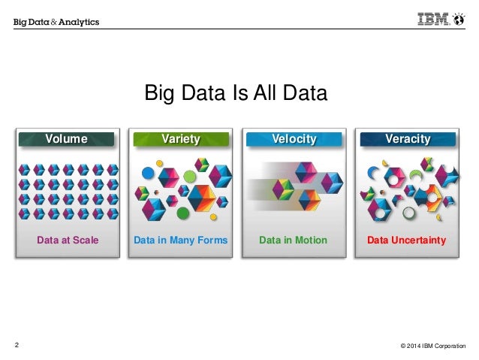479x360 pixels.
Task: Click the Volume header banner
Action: [67, 139]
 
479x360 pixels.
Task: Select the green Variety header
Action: [181, 139]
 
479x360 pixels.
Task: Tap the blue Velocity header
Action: [294, 139]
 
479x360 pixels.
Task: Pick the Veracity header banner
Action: [408, 139]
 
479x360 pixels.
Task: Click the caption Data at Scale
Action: [68, 241]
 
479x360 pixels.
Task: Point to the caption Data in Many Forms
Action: [180, 241]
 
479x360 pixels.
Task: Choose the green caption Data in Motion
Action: [293, 241]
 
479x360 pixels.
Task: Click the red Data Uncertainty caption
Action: [407, 241]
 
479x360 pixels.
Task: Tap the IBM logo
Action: [435, 20]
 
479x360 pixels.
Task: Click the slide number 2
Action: [17, 345]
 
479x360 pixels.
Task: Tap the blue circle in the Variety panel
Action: [148, 174]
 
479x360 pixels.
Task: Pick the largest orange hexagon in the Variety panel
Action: [202, 198]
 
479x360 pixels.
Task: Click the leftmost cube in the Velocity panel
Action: [282, 189]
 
